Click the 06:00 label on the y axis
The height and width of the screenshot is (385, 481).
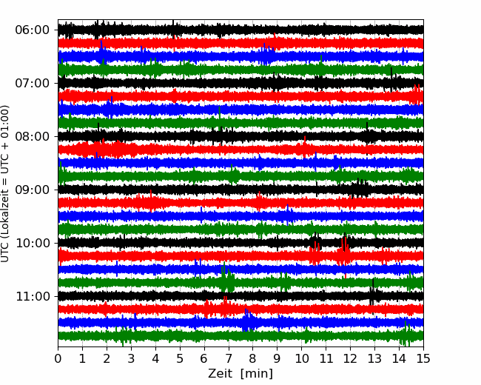(33, 30)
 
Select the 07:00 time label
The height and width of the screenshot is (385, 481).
(33, 83)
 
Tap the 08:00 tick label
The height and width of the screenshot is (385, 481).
(33, 137)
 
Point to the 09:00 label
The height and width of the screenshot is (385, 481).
(33, 190)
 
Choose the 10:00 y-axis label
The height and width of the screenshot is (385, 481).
(33, 243)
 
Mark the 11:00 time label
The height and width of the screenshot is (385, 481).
(33, 297)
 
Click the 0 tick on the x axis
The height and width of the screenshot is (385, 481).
(58, 358)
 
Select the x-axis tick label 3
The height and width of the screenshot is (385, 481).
(131, 358)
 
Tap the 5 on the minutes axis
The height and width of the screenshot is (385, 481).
(180, 358)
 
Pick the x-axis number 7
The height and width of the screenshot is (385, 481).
(229, 358)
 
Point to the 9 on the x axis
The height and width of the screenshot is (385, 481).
(277, 358)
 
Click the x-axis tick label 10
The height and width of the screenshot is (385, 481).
(301, 358)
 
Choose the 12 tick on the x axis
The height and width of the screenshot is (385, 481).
(350, 358)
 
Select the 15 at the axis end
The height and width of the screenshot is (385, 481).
(423, 358)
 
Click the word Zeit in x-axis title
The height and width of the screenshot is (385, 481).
(220, 373)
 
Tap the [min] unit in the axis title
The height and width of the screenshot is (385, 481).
(257, 374)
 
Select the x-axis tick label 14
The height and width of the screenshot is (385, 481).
(399, 358)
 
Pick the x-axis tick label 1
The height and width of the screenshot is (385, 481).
(82, 358)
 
